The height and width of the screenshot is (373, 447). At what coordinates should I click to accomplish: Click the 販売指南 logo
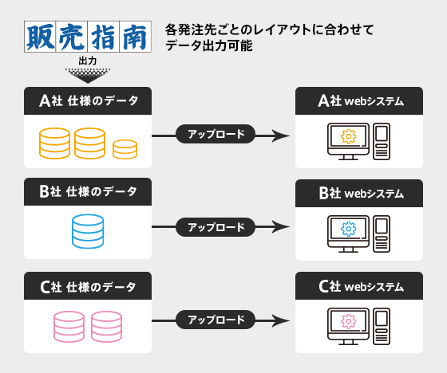coord(88,37)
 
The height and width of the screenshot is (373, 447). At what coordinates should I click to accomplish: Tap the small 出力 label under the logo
coord(88,61)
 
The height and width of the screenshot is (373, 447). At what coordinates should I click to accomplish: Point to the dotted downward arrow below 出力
coord(88,76)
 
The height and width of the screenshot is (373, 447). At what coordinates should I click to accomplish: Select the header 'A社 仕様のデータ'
coord(88,100)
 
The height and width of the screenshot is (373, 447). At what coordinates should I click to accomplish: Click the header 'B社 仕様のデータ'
coord(88,191)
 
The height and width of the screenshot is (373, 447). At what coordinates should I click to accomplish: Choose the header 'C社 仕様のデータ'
coord(88,286)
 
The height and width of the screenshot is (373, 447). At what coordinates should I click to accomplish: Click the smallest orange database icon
coord(125,149)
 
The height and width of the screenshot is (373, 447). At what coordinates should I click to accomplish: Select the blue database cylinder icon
coord(88,231)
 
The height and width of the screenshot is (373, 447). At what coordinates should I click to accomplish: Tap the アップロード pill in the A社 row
coord(216,134)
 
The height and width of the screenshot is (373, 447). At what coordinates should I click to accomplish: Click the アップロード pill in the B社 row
coord(216,227)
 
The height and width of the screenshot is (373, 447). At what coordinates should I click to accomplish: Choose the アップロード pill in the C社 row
coord(216,320)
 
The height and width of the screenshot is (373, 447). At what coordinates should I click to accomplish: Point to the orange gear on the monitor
coord(348,136)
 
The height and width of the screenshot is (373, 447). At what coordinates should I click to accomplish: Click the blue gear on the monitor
coord(348,229)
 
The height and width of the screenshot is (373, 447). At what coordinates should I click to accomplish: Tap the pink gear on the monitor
coord(348,321)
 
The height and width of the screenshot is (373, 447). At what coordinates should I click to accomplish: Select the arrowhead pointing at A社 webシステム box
coord(280,135)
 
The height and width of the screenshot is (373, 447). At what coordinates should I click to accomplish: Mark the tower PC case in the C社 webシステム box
coord(382,326)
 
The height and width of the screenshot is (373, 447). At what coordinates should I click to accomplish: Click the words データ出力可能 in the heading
coord(209,45)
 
